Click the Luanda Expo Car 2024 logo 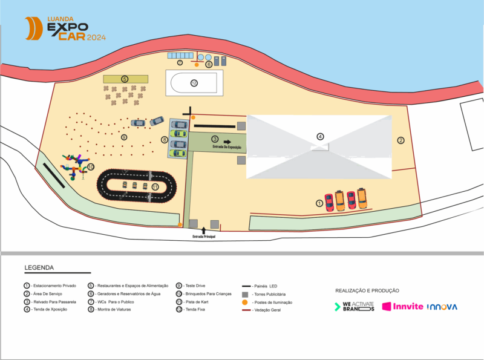[65, 28]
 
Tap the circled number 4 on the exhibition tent [321, 136]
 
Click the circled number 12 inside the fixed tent [194, 83]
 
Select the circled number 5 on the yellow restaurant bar [125, 79]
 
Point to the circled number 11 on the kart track [155, 187]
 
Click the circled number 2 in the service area [401, 140]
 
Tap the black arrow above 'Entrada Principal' [204, 230]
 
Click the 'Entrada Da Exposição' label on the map [227, 147]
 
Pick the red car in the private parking [329, 202]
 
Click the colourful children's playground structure [76, 165]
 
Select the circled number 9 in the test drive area [124, 137]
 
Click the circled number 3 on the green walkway [215, 139]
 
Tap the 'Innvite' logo [402, 307]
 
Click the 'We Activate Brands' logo [355, 307]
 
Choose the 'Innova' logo [442, 307]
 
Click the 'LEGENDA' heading [39, 267]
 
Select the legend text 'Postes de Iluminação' [272, 302]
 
